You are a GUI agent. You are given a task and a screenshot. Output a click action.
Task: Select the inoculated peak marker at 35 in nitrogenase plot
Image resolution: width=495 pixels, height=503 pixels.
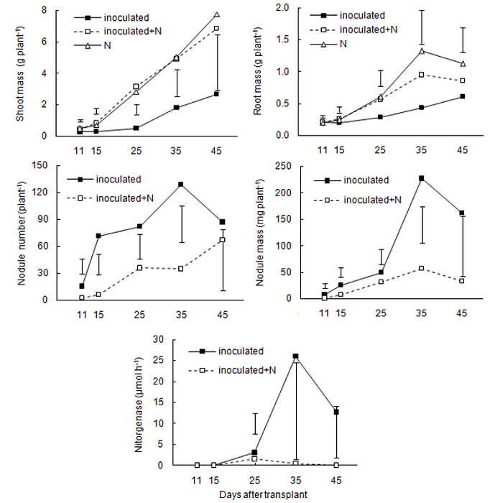[295, 356]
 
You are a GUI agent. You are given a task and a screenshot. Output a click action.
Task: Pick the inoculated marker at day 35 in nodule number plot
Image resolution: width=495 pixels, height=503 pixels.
[180, 185]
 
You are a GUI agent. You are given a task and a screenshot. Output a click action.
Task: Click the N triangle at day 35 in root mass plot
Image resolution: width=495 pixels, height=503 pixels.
[422, 51]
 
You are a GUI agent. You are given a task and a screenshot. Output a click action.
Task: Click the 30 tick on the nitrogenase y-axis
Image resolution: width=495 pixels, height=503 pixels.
[170, 339]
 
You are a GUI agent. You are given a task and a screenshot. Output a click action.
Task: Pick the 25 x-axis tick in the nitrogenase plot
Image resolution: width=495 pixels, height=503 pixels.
[254, 477]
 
